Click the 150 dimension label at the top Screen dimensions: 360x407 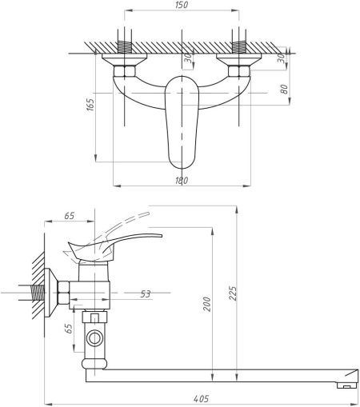182,5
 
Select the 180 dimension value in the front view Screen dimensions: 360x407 182,181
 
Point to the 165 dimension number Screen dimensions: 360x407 90,105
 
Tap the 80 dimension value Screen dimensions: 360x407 284,89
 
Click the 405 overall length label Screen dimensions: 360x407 201,399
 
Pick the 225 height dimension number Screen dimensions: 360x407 233,293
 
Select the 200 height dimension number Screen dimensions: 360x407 207,304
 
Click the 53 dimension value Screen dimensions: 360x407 146,294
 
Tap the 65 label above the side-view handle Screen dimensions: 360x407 70,216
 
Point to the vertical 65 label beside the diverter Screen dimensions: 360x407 69,329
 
